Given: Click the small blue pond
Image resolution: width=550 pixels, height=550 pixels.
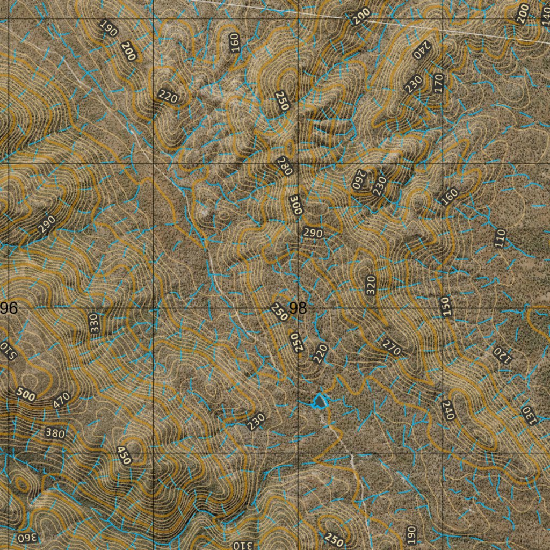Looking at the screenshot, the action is [321, 401].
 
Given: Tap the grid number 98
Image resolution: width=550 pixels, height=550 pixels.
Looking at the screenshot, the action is [298, 308].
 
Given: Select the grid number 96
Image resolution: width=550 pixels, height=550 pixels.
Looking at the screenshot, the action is [9, 308].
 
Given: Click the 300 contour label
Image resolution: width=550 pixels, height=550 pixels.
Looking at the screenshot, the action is [296, 205].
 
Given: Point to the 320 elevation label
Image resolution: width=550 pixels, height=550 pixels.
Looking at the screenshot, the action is [370, 285].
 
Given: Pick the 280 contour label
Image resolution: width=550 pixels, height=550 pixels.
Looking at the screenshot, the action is [284, 166].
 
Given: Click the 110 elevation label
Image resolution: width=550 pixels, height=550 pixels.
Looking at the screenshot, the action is [500, 237].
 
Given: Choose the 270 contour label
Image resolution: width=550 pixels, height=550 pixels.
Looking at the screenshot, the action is [392, 348].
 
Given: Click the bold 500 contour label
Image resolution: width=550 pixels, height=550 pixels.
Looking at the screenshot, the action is [25, 395].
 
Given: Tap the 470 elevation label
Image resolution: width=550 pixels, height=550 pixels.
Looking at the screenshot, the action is [62, 400].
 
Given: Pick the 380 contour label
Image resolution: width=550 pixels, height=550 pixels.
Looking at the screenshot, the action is [56, 433].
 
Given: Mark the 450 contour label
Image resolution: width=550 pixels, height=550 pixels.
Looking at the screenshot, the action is [124, 455].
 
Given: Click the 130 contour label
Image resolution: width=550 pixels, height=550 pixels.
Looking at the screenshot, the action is [529, 414].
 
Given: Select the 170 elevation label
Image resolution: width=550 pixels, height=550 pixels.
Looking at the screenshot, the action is [439, 83].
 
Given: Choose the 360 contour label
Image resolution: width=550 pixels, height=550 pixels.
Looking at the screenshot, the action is [28, 538].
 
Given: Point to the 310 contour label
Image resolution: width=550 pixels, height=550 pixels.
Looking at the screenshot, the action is [242, 545].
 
